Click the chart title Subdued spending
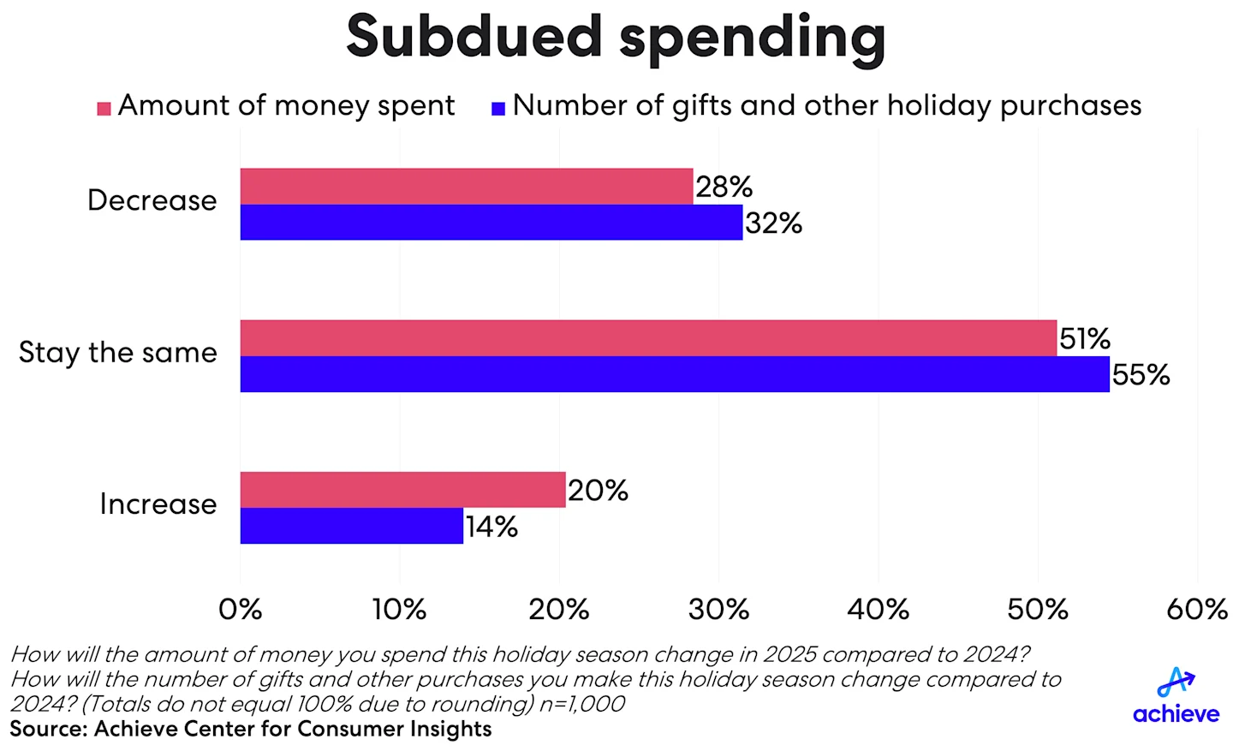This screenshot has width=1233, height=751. [x=616, y=38]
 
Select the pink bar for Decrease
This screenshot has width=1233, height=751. [x=466, y=186]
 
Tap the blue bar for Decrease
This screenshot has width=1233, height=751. [x=491, y=223]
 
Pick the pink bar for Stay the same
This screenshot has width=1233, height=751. [x=648, y=338]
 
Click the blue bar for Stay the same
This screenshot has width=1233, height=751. [x=674, y=374]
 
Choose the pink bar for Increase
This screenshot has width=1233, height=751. [x=402, y=490]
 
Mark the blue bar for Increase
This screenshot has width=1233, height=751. [x=351, y=526]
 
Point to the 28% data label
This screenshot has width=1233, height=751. [x=724, y=187]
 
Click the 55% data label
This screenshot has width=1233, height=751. [x=1141, y=375]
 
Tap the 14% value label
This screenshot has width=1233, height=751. [x=491, y=527]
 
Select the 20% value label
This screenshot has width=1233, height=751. [x=598, y=491]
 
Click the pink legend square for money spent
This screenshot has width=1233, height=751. [x=104, y=109]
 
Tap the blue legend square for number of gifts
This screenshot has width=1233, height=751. [x=498, y=109]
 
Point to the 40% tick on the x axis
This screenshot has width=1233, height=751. [x=878, y=609]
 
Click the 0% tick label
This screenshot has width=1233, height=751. [x=240, y=609]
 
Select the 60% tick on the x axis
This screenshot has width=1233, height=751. [x=1196, y=609]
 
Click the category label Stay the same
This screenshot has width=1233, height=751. [x=118, y=353]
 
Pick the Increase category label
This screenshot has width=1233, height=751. [x=158, y=504]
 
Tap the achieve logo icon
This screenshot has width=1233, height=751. [x=1176, y=682]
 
